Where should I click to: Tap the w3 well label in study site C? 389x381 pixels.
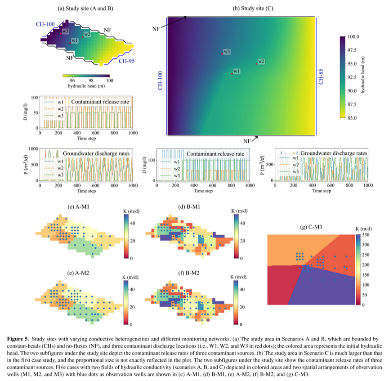(227, 52)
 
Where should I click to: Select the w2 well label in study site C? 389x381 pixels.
(261, 61)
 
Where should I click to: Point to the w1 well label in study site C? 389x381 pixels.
(236, 71)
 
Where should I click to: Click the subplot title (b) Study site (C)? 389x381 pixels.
(253, 8)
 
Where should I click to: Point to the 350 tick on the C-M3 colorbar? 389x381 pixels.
(367, 235)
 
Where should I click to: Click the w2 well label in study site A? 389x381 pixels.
(86, 35)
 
